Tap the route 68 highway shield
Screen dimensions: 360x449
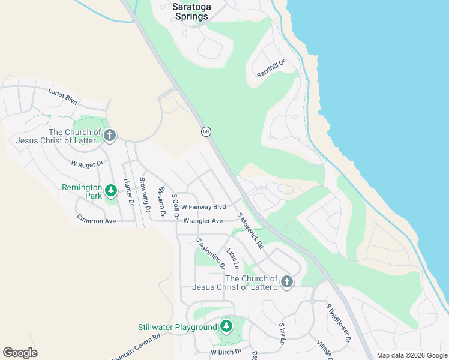coord(206,131)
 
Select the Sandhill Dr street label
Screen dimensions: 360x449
coord(271,68)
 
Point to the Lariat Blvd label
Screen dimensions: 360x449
coord(63,96)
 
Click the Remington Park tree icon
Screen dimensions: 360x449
coord(110,191)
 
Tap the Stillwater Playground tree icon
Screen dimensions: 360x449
coord(226,326)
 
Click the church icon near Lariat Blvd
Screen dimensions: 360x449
coord(109,136)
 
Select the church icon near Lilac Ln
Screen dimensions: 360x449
coord(287,282)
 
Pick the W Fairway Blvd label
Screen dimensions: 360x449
coord(203,207)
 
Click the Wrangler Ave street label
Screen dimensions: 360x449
coord(203,221)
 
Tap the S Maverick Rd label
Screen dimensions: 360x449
coord(250,231)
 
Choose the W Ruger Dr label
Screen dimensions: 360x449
coord(87,163)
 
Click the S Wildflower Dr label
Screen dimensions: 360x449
coord(338,323)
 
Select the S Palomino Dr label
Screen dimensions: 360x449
coord(211,253)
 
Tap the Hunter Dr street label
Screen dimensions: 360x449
coord(128,191)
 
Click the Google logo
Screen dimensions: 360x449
coord(20,353)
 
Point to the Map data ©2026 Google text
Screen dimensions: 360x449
coord(412,355)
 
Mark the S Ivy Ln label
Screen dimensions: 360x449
coord(282,334)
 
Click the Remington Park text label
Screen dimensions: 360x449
coord(82,191)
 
